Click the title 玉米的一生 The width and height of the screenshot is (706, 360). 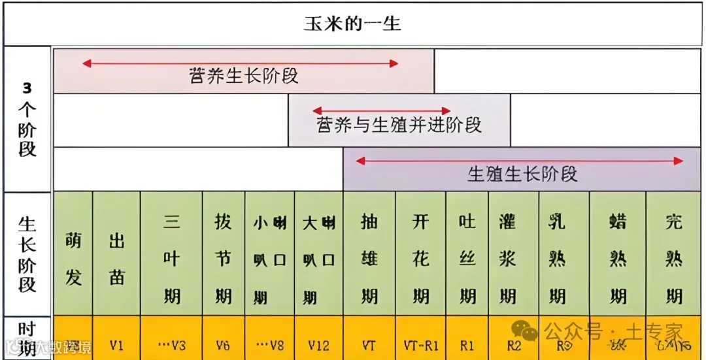[x=352, y=25]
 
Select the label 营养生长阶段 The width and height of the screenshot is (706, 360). [x=243, y=75]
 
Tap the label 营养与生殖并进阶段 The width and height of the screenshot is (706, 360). [x=399, y=125]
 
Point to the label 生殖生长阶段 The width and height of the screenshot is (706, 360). [x=522, y=174]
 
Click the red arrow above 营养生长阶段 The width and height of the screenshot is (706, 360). [x=240, y=63]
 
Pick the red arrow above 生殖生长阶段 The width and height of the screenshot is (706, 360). [x=519, y=160]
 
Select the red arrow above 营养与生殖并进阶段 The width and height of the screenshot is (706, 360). [x=382, y=111]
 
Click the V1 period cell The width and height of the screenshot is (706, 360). [x=116, y=344]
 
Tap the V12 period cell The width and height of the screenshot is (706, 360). [x=318, y=344]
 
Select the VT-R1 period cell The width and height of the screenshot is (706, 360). [x=420, y=344]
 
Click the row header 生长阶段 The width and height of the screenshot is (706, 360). [x=27, y=255]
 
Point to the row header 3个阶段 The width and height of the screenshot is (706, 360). [x=27, y=119]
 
